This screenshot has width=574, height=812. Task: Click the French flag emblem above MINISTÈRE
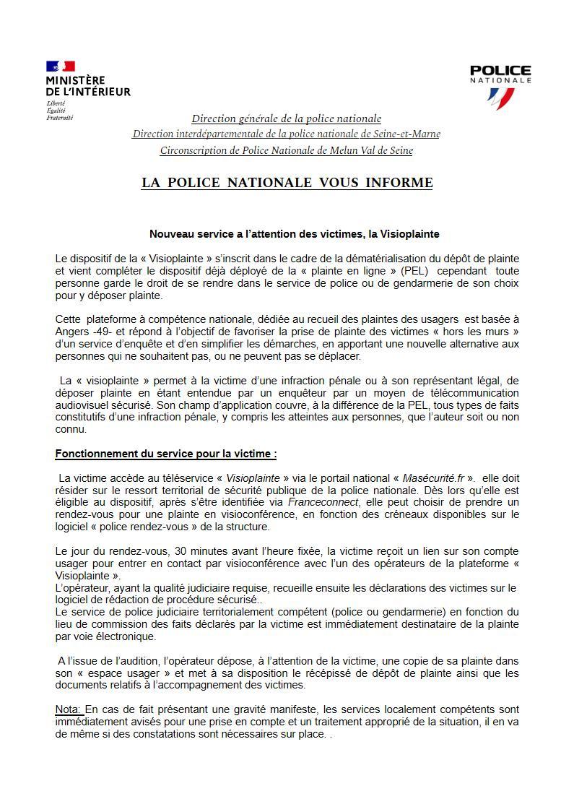[x=61, y=67]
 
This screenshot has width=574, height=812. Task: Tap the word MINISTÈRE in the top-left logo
[x=75, y=80]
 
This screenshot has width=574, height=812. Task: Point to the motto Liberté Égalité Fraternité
[x=60, y=111]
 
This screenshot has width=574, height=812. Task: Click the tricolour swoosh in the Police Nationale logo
[x=500, y=98]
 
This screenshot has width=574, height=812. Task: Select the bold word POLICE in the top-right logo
[x=500, y=71]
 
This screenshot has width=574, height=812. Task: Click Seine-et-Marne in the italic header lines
[x=407, y=134]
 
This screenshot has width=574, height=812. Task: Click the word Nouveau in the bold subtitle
[x=170, y=234]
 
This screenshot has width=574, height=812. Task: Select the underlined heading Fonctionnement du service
[x=165, y=454]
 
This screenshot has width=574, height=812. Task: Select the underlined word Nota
[x=69, y=709]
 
